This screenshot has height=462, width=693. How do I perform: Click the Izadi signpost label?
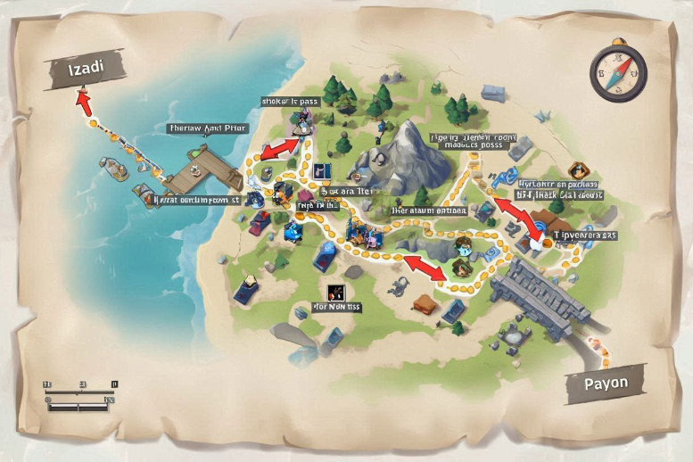(84, 69)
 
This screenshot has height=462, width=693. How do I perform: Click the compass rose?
(617, 71)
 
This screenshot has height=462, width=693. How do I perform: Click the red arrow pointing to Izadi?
(84, 99)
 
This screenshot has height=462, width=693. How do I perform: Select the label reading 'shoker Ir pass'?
(289, 102)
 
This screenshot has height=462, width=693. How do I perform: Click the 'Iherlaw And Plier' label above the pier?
(207, 128)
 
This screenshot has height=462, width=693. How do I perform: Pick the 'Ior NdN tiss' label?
(336, 307)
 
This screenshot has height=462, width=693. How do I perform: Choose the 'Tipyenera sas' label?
(585, 235)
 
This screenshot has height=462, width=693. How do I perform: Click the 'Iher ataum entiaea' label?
(429, 211)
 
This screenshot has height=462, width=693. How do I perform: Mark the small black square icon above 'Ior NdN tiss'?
(336, 290)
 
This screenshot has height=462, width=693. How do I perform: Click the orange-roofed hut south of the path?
(426, 303)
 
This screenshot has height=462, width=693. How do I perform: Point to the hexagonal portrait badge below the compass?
(577, 170)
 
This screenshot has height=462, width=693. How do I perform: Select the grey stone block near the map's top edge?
(492, 93)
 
